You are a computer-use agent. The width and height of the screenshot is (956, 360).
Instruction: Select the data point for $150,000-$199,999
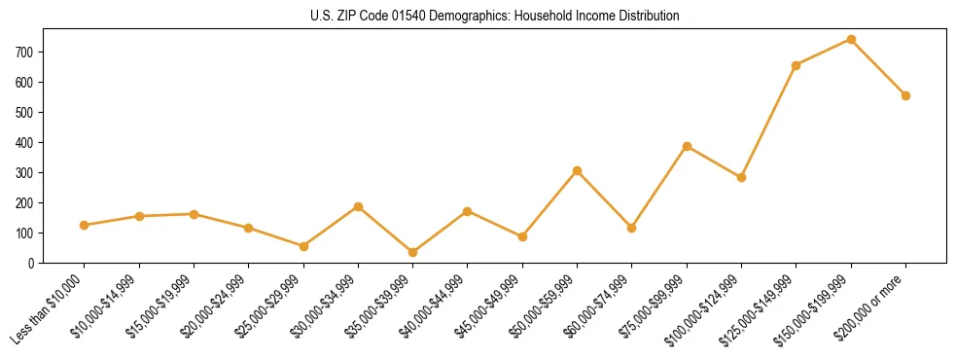(851, 40)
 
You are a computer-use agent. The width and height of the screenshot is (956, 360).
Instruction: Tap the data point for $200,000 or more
(905, 95)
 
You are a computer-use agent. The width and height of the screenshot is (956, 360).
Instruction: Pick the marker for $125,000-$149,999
(797, 65)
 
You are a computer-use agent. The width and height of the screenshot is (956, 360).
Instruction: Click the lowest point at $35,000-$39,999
(412, 252)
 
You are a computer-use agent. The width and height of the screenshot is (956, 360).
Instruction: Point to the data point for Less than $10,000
(85, 225)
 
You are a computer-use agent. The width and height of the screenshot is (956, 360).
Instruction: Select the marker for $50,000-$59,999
(577, 170)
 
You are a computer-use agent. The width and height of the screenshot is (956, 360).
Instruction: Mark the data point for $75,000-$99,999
(687, 146)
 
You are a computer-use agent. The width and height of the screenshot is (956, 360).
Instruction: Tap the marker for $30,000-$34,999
(358, 206)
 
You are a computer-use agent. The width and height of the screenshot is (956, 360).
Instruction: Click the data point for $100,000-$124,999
(741, 177)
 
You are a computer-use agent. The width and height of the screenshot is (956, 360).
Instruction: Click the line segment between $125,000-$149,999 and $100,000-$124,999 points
(768, 122)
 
